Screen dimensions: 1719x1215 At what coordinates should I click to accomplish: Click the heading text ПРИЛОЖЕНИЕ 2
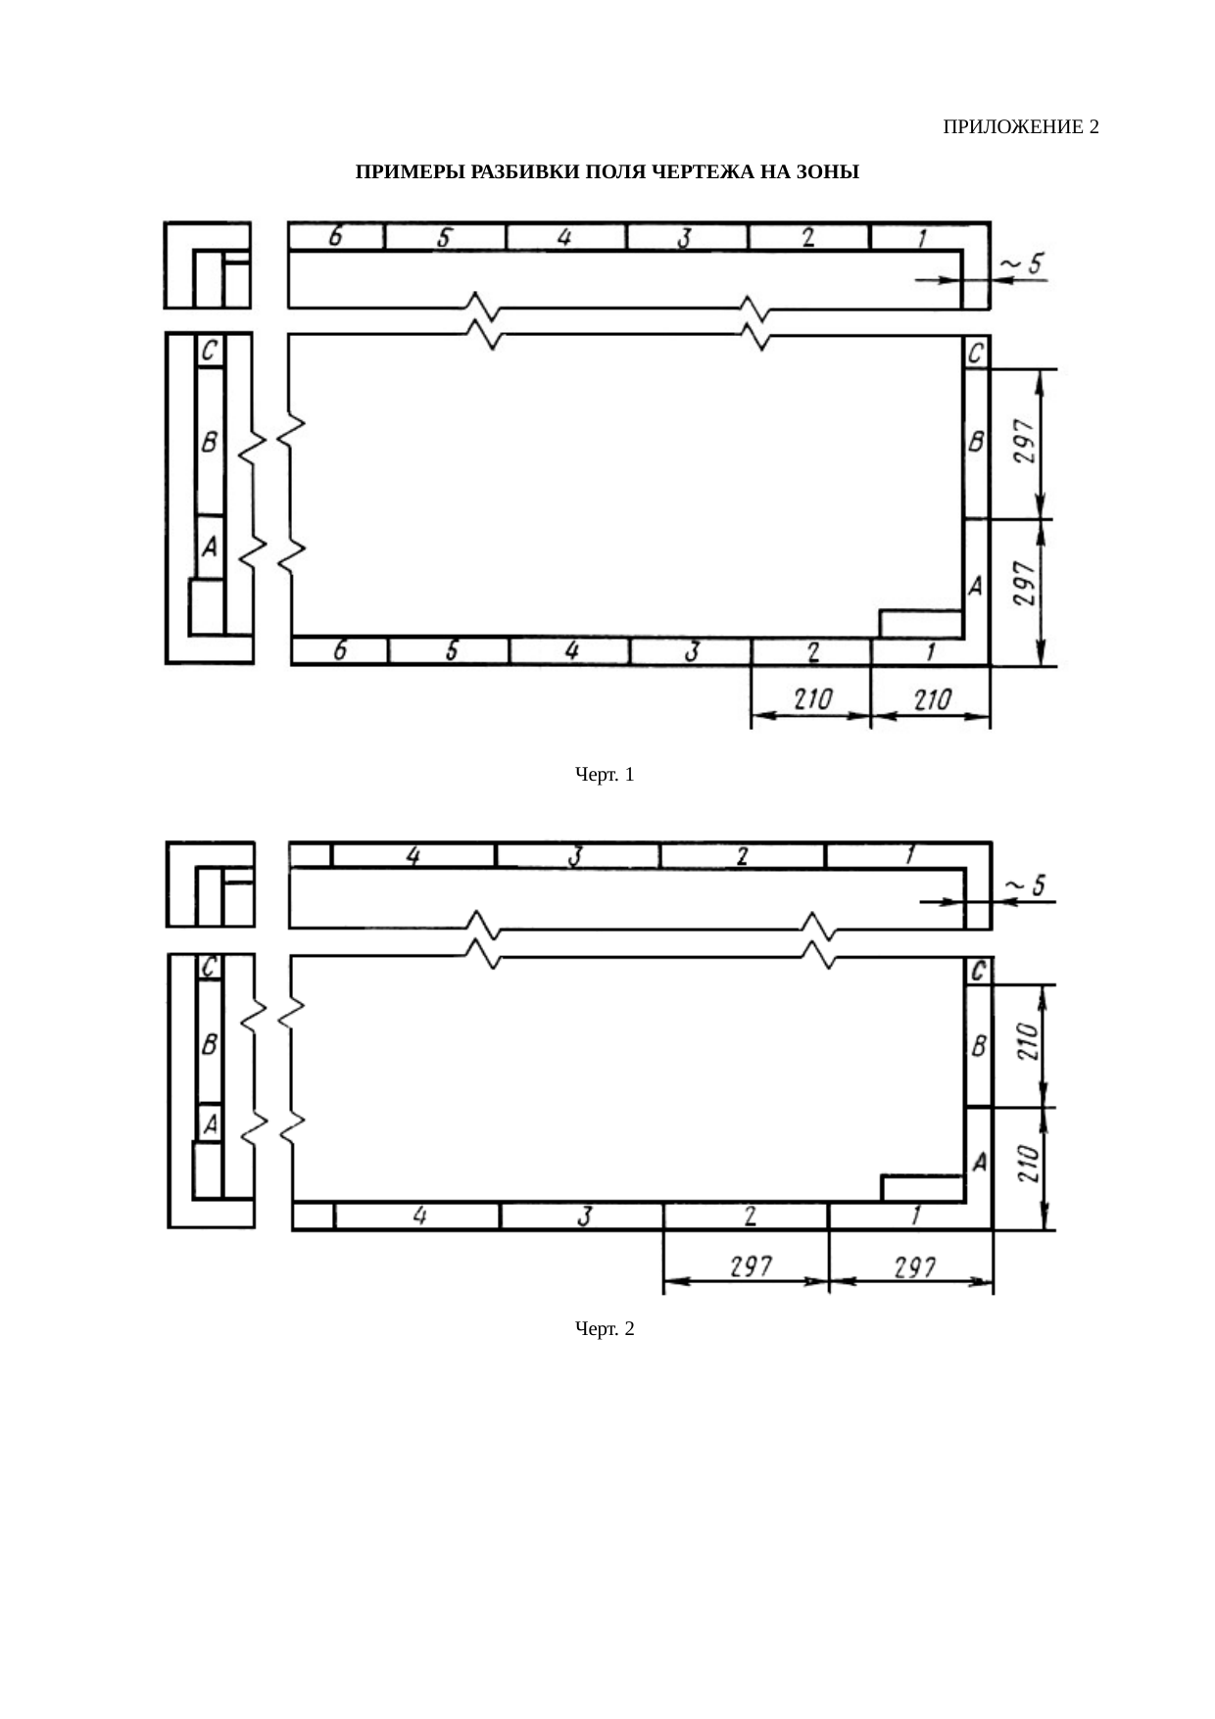(1020, 127)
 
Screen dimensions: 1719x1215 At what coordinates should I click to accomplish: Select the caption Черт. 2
(604, 1329)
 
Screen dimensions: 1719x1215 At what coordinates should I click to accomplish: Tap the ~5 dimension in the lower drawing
(1026, 885)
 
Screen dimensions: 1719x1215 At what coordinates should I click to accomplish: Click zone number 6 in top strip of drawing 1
(335, 237)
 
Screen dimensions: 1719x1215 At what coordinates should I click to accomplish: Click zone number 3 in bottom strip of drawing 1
(691, 651)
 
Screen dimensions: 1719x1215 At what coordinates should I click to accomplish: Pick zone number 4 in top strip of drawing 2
(413, 856)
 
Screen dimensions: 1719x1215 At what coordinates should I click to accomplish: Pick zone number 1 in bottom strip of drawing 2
(915, 1216)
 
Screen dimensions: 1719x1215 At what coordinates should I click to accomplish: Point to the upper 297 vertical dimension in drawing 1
(1022, 445)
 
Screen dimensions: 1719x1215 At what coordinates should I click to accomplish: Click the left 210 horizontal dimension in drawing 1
(812, 699)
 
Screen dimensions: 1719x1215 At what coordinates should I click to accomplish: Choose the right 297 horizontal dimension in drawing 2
(914, 1266)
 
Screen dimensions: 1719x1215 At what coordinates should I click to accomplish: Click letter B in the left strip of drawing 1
(210, 443)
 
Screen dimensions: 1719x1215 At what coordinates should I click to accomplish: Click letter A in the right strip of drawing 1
(975, 586)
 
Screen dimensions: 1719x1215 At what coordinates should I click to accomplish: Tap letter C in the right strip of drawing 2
(978, 972)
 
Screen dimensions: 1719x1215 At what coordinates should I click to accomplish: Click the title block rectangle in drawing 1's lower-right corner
(920, 623)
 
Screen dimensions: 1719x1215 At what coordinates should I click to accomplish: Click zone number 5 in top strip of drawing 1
(444, 237)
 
